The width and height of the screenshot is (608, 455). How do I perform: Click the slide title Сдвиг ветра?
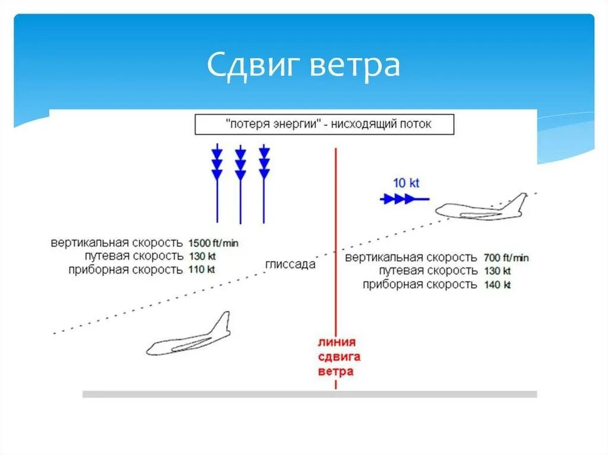tap(303, 66)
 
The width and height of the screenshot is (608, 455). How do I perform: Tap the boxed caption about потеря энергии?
tap(324, 125)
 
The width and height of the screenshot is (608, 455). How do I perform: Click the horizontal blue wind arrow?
tap(404, 199)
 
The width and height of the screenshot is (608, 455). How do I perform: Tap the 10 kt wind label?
tap(406, 183)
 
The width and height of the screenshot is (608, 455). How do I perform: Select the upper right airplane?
tap(481, 208)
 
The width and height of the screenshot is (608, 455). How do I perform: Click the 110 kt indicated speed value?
tap(202, 269)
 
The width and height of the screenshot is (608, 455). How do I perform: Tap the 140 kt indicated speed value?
tap(498, 285)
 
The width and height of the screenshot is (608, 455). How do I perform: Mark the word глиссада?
tap(290, 265)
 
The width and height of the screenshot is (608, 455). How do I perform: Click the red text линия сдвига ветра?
tap(336, 357)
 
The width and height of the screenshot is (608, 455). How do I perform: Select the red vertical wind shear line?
tap(336, 237)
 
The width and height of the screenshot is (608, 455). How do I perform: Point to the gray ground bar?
tap(309, 394)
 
